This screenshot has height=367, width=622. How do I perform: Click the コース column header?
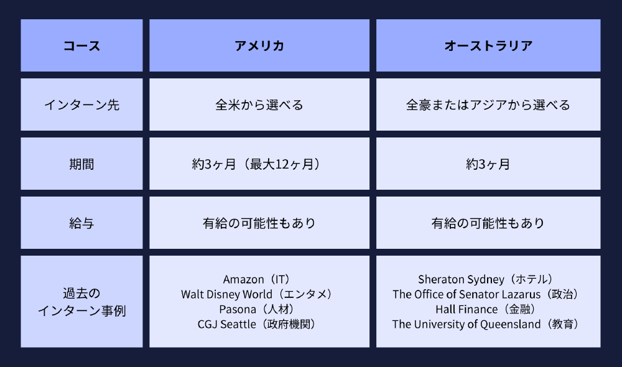coord(81,45)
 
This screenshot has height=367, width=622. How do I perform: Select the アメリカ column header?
coord(259,45)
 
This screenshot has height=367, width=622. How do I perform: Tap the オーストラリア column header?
coord(488,45)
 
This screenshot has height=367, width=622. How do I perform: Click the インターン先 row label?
coord(81,105)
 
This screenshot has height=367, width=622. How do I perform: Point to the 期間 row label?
coord(81,164)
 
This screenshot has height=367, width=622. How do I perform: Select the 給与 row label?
coord(81,223)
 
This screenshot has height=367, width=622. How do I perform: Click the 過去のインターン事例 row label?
coord(81,302)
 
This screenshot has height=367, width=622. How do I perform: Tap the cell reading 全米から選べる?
coord(259,105)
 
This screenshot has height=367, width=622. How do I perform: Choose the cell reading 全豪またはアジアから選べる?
coord(488,105)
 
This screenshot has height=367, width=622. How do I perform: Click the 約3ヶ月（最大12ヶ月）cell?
coord(259,164)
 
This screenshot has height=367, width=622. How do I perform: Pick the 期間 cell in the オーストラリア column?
coord(488,164)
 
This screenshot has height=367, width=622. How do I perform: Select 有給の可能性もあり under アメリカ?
coord(259,223)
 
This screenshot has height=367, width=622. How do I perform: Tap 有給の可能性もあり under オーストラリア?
coord(488,223)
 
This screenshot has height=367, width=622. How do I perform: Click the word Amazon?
coord(243,280)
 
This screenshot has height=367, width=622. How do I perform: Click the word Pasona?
coord(238,310)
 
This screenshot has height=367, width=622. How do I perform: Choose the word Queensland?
coord(510,325)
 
